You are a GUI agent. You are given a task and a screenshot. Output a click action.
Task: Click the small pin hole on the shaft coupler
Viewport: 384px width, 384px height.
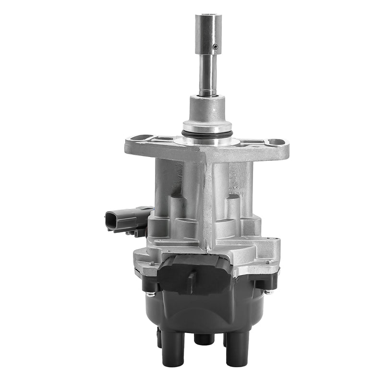pyautogui.click(x=216, y=47)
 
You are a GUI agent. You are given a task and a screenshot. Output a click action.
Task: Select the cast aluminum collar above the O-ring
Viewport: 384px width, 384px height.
pyautogui.click(x=207, y=113)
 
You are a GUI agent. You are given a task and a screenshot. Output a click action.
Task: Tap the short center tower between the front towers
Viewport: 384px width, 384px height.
pyautogui.click(x=204, y=339)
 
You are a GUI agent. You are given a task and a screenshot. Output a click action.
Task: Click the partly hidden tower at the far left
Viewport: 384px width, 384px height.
pyautogui.click(x=158, y=336)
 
